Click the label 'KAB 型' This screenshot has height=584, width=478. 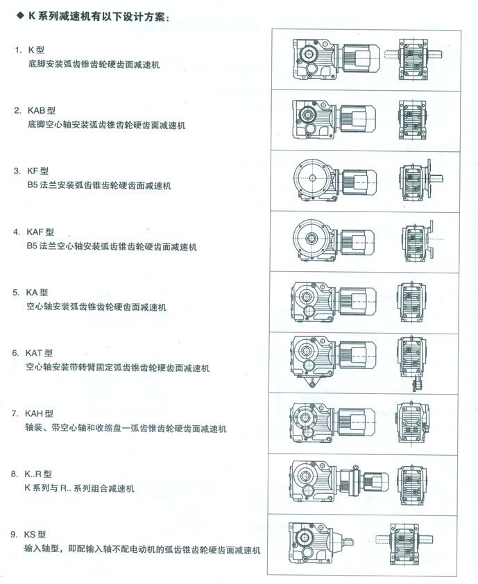click(42, 110)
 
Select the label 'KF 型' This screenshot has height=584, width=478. click(37, 171)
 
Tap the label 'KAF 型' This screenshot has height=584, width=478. click(40, 232)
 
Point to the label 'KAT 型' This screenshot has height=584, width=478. click(39, 353)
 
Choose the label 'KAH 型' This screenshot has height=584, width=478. click(39, 413)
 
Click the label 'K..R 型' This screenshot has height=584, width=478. click(38, 474)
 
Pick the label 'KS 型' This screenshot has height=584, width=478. click(35, 535)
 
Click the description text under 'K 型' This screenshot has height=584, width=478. click(94, 65)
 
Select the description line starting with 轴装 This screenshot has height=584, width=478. click(126, 429)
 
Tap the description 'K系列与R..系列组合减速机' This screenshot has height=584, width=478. click(79, 488)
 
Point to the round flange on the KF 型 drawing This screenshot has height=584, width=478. click(312, 178)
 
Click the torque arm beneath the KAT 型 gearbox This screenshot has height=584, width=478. click(311, 381)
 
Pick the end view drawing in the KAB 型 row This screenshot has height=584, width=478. click(412, 120)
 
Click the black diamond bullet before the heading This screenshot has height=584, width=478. click(20, 16)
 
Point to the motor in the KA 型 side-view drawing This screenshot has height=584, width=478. click(358, 301)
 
